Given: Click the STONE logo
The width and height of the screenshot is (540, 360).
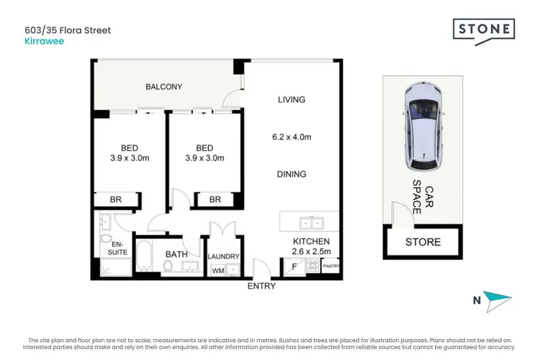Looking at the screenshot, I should (483, 30).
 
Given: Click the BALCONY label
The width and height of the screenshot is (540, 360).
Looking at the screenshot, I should (164, 87).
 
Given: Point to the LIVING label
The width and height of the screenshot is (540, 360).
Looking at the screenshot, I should (292, 100).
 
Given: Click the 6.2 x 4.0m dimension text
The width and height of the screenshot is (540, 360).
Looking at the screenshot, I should (292, 137).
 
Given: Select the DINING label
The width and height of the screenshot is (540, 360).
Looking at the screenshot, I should (292, 174).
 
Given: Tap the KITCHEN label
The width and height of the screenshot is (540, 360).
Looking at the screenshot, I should (311, 241).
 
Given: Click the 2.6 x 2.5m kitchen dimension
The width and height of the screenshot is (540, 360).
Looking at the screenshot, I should (311, 251).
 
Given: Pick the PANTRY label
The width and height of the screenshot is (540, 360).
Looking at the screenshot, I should (330, 266).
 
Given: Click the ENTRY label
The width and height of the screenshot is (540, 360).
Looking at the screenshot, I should (261, 287).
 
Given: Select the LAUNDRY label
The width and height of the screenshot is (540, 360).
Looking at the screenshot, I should (223, 256).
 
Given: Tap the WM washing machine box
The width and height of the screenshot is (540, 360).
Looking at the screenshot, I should (217, 271).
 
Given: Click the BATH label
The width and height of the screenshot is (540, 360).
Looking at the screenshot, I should (177, 254).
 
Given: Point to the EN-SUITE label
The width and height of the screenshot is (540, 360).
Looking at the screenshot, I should (117, 248).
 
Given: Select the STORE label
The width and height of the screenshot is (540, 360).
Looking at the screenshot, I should (423, 242).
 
